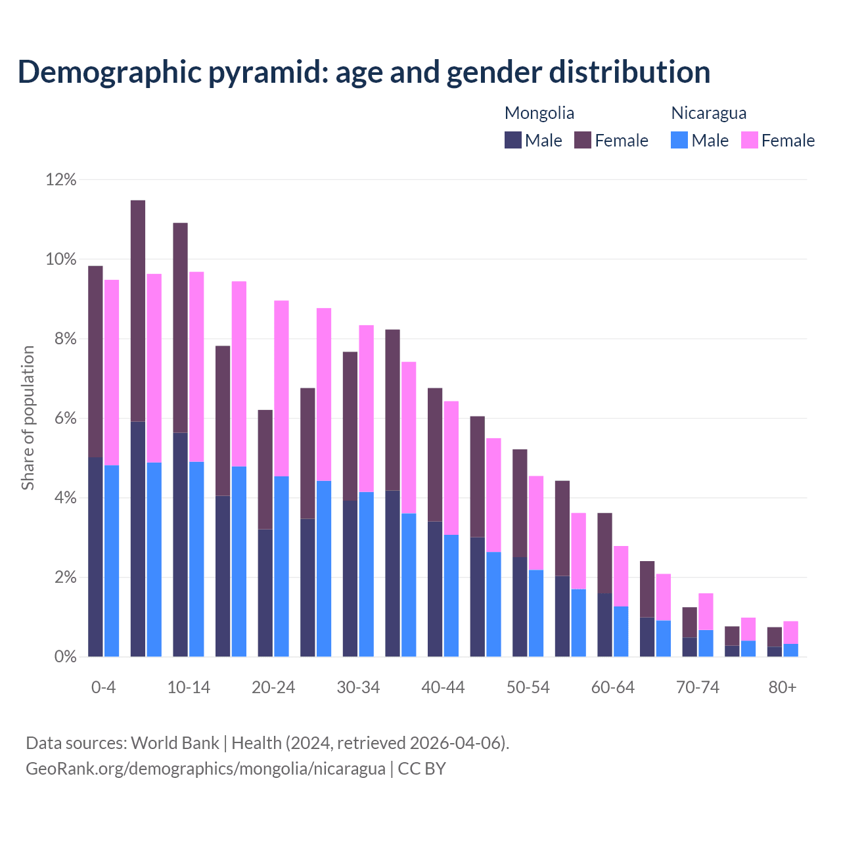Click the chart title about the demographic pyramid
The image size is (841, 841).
pyautogui.click(x=364, y=72)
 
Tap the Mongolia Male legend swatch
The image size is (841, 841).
pyautogui.click(x=513, y=140)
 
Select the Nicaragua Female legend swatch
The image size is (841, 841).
pyautogui.click(x=750, y=140)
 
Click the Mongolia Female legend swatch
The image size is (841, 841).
pyautogui.click(x=583, y=140)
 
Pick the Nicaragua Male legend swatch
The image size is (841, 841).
pyautogui.click(x=679, y=140)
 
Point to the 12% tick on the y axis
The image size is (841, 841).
pyautogui.click(x=61, y=179)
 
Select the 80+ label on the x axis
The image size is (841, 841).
pyautogui.click(x=783, y=687)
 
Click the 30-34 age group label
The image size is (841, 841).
pyautogui.click(x=358, y=687)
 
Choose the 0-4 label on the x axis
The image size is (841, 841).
pyautogui.click(x=103, y=687)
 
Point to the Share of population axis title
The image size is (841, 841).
pyautogui.click(x=28, y=418)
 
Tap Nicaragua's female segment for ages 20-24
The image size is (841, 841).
pyautogui.click(x=281, y=388)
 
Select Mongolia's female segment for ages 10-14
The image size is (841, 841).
pyautogui.click(x=180, y=328)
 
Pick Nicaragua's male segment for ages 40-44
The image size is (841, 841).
pyautogui.click(x=451, y=595)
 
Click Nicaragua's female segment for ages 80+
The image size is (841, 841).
pyautogui.click(x=791, y=632)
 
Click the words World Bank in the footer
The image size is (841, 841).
pyautogui.click(x=175, y=743)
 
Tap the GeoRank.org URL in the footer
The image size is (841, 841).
pyautogui.click(x=205, y=768)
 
